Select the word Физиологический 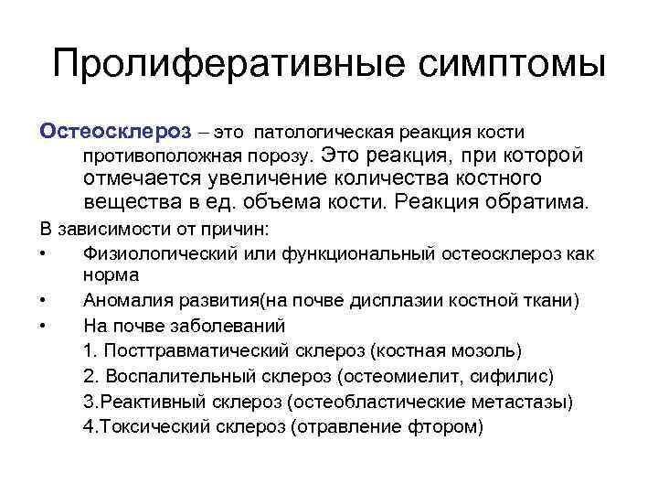[x=160, y=251]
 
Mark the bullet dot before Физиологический [x=44, y=252]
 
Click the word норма [x=111, y=274]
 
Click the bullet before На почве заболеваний [x=44, y=325]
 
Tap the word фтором [x=445, y=426]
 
